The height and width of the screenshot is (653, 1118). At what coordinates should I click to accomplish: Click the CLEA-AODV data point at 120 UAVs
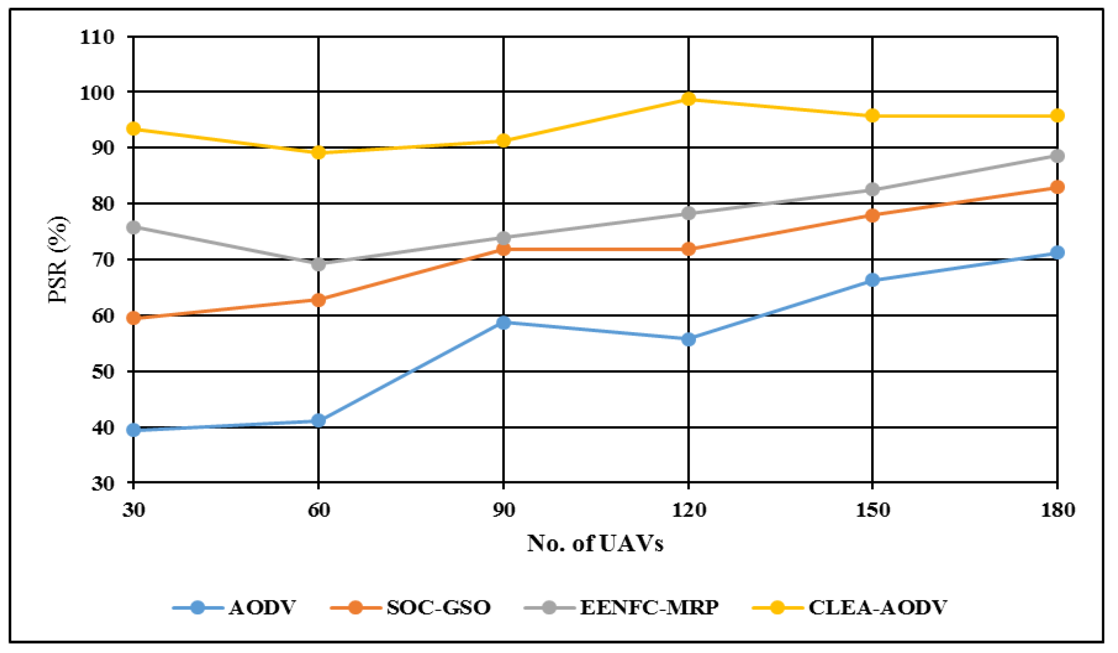[688, 99]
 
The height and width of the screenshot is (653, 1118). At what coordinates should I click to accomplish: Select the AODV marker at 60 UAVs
[318, 420]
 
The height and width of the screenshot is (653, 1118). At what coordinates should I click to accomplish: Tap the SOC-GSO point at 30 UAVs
[133, 318]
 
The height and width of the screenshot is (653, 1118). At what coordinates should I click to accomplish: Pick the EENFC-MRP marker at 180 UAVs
[1058, 156]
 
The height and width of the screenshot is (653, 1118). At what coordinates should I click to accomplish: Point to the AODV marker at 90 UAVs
[503, 323]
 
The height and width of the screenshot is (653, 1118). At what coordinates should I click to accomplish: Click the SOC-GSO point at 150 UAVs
[872, 215]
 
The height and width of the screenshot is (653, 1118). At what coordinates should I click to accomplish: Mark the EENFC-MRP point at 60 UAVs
[318, 264]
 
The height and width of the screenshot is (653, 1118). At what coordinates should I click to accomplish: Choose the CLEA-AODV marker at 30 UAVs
[133, 129]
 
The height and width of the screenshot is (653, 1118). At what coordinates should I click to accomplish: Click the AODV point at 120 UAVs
[688, 339]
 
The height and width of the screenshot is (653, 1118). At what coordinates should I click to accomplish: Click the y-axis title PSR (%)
[58, 259]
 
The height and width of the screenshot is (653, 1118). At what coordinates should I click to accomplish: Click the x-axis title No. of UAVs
[595, 543]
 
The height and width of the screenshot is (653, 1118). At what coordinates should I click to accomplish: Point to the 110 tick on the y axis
[97, 37]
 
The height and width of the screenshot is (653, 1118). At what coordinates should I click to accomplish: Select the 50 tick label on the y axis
[103, 372]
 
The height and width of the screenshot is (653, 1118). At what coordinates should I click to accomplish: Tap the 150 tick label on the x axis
[872, 510]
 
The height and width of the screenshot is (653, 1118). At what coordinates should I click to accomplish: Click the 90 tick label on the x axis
[503, 510]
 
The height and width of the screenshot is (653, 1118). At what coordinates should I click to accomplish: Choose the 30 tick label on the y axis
[103, 484]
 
